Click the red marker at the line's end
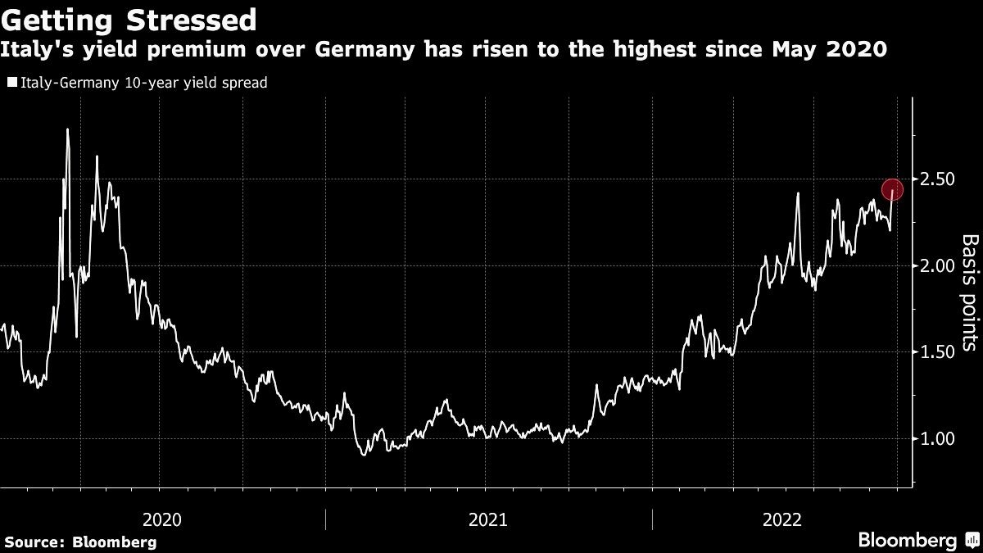[892, 189]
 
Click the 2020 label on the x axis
[161, 519]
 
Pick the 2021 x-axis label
[488, 519]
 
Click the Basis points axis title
[969, 292]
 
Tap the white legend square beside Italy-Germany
[11, 83]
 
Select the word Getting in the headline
[57, 19]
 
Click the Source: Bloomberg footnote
[79, 542]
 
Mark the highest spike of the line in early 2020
[66, 129]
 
